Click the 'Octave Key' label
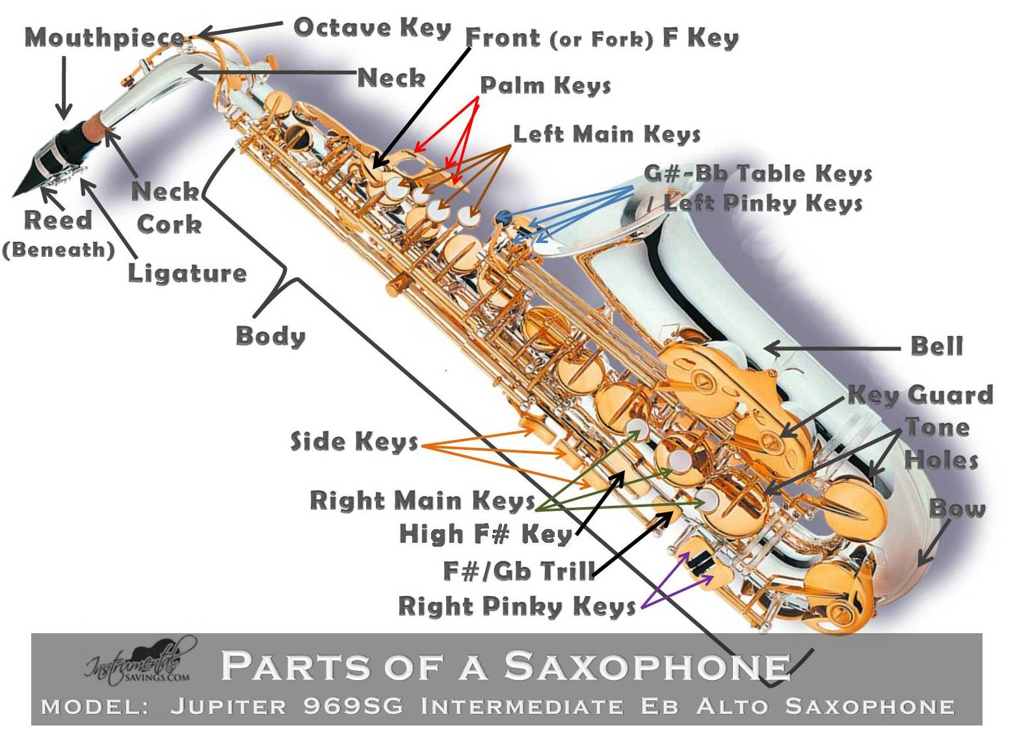(372, 27)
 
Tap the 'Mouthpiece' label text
(104, 38)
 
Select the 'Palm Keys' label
(546, 85)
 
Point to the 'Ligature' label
(187, 273)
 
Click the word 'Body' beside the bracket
(271, 336)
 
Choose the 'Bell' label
(936, 346)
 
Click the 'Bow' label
(957, 508)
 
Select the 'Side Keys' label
(354, 441)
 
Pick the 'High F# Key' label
(485, 534)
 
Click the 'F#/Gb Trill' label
(519, 571)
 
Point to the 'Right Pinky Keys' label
(517, 606)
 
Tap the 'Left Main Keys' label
(607, 134)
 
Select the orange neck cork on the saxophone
(95, 125)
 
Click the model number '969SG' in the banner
(353, 706)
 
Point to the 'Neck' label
(391, 78)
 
